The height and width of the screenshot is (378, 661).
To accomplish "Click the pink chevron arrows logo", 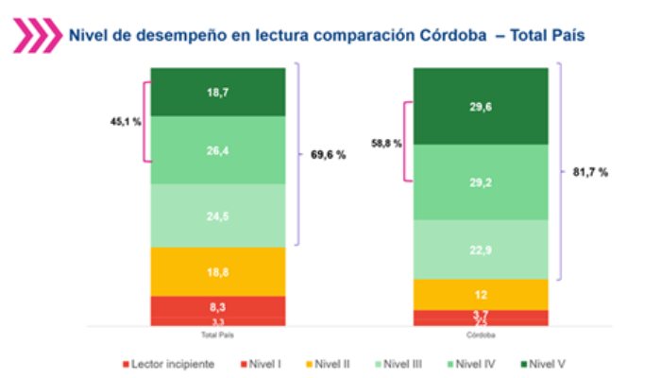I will tap(35, 36).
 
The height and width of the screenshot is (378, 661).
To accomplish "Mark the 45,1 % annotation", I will tap(124, 121).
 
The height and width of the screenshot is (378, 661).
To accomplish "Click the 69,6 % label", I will tap(328, 155).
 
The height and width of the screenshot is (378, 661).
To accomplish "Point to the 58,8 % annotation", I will tap(385, 143).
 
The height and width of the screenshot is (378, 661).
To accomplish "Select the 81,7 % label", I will tap(590, 172).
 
